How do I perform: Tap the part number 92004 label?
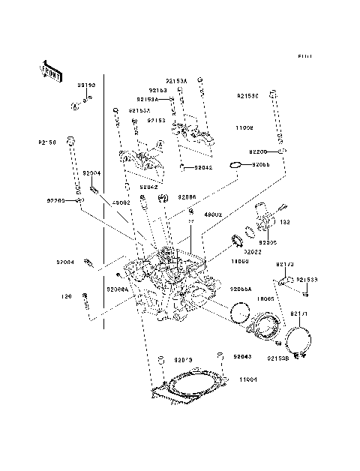coord(91,173)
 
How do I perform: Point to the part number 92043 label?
coord(243,358)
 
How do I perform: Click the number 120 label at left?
coord(65,296)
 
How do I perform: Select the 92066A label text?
coord(117,289)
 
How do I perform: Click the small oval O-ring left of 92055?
coord(235,164)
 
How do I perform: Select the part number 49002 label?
coord(121,202)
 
